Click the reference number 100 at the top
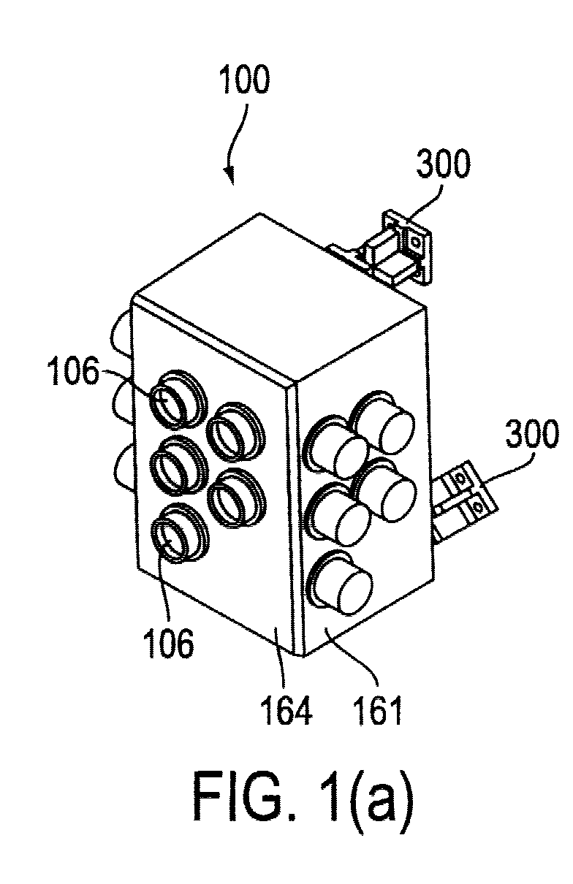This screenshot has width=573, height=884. click(246, 80)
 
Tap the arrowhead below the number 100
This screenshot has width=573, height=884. click(231, 176)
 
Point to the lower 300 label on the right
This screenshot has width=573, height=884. click(532, 433)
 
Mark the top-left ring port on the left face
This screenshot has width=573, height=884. click(178, 399)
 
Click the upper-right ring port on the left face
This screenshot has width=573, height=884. click(236, 431)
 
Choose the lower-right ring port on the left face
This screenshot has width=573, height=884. click(236, 498)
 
